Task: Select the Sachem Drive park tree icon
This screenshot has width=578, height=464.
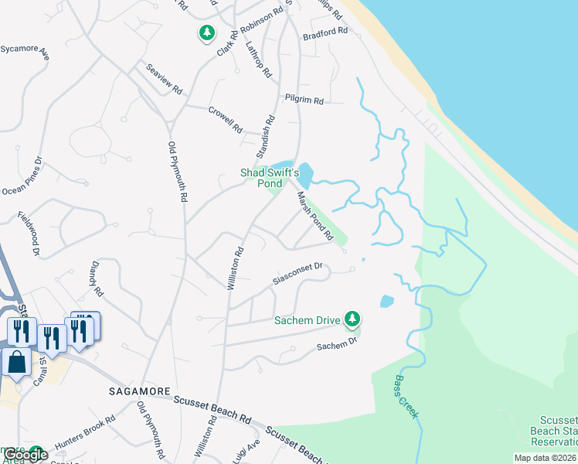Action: (x=353, y=318)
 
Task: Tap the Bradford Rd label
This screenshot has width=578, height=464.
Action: (x=325, y=34)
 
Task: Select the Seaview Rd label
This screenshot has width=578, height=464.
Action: (x=164, y=79)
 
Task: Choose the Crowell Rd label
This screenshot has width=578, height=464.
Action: (x=226, y=120)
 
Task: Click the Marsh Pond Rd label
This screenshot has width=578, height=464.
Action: (x=315, y=216)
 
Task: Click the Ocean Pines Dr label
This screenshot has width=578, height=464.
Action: (x=22, y=179)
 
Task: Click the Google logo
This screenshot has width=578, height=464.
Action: (x=26, y=455)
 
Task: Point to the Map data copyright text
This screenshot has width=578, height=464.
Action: (x=545, y=458)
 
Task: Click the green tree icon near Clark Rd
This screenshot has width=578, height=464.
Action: (x=206, y=33)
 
